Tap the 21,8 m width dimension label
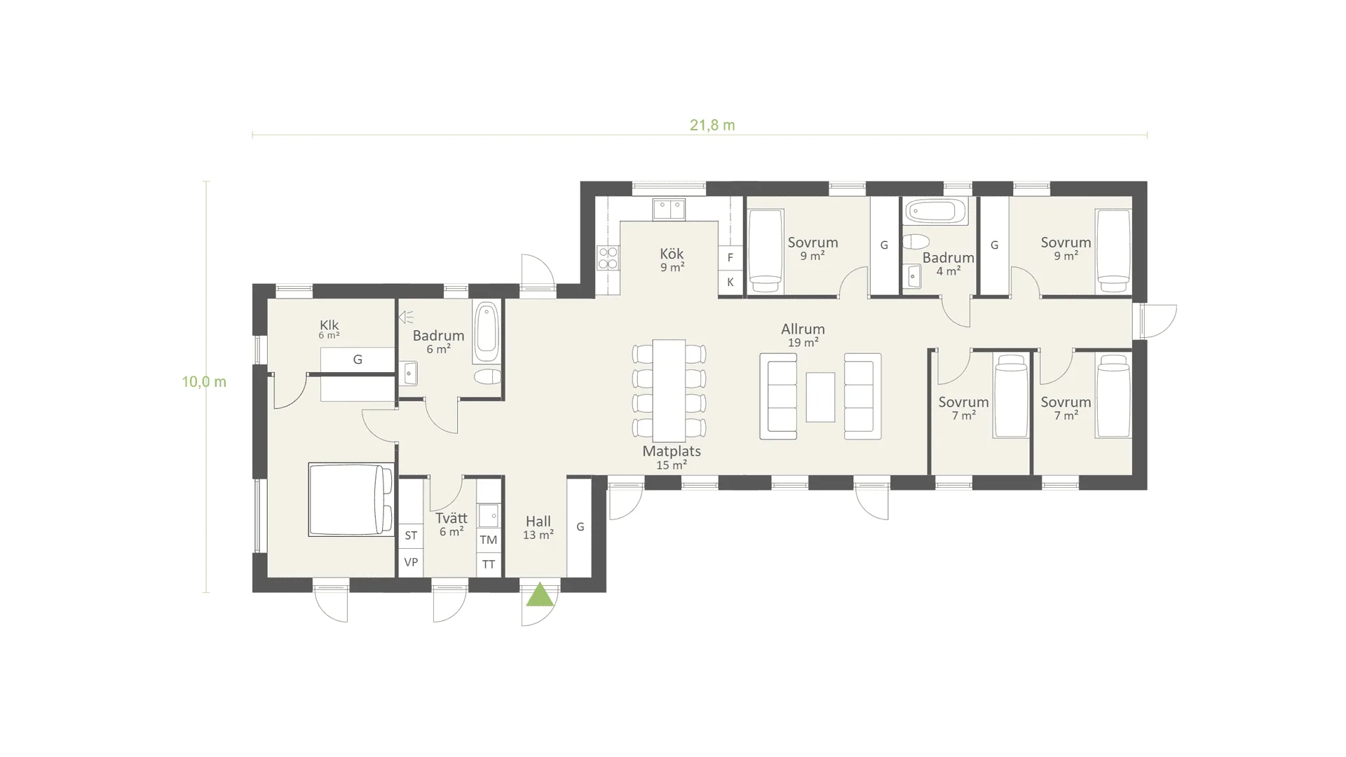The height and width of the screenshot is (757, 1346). (712, 125)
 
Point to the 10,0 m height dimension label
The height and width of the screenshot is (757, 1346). (204, 382)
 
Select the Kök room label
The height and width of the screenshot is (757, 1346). (672, 254)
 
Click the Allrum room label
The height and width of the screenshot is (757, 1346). (803, 329)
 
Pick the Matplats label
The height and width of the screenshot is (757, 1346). (672, 451)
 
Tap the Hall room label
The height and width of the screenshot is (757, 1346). (538, 521)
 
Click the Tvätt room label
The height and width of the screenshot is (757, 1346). (451, 518)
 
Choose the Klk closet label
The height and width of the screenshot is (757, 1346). (329, 325)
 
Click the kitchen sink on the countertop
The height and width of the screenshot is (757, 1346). (669, 209)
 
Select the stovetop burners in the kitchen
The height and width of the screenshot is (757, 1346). (608, 258)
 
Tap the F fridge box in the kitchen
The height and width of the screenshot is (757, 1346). (730, 257)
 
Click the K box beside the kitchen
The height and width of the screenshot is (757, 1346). (730, 282)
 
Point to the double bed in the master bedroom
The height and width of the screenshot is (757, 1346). (351, 499)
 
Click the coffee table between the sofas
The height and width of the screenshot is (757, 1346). (820, 397)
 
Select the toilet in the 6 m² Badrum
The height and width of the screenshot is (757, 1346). (487, 377)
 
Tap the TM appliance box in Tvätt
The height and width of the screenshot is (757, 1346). (489, 540)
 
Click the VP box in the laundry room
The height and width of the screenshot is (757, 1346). (411, 562)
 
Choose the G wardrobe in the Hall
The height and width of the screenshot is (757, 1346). (580, 527)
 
